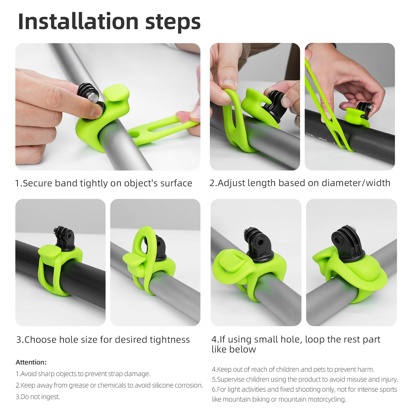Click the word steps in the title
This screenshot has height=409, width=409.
173,23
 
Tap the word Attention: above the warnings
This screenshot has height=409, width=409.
31,362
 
